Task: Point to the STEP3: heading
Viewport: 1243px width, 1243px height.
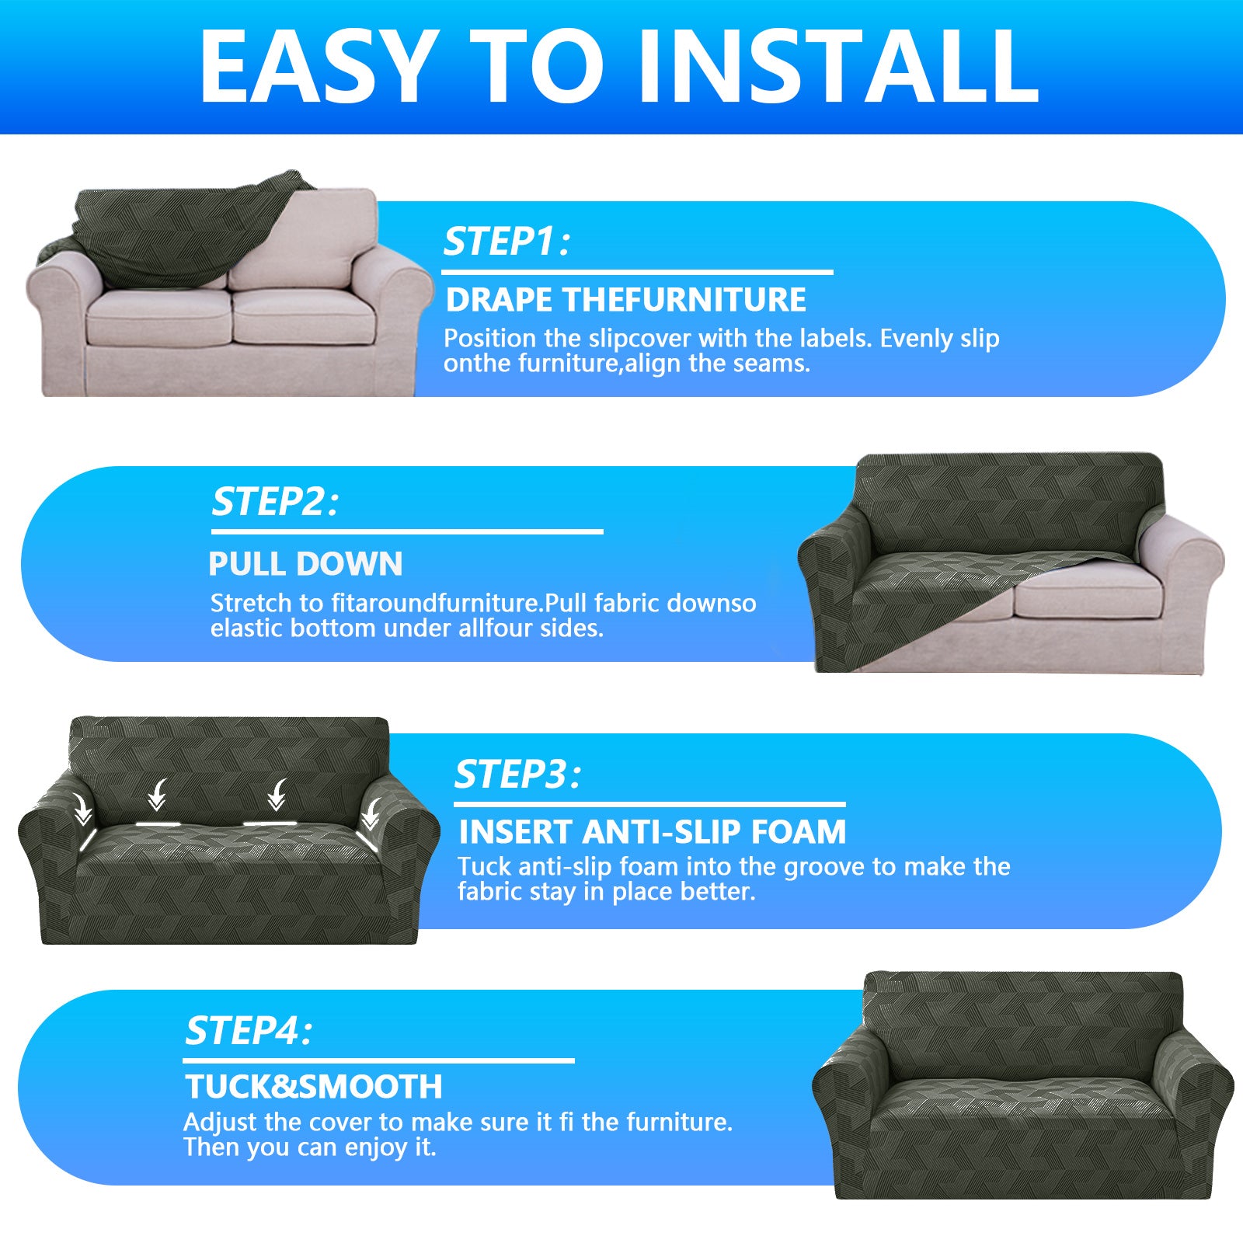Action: [517, 775]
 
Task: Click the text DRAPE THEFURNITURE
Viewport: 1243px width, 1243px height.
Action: [626, 300]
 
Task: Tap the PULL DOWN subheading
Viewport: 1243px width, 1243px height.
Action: [305, 564]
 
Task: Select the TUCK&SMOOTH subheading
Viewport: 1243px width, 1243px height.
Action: [314, 1087]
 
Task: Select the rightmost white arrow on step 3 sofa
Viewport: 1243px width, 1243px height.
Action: [371, 812]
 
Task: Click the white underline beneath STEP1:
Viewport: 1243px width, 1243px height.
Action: [637, 273]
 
